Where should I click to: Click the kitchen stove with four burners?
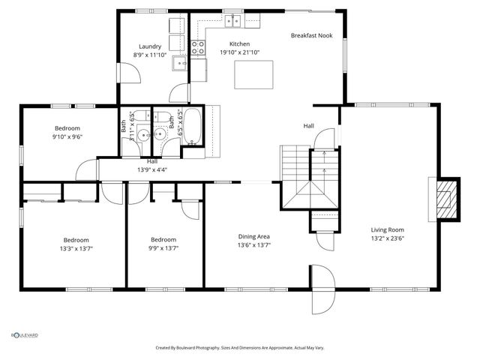(x=198, y=48)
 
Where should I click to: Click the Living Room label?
(x=387, y=230)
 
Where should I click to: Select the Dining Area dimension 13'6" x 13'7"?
(x=254, y=245)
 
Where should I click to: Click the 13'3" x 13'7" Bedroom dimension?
(x=76, y=248)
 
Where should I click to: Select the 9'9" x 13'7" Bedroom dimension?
(x=163, y=248)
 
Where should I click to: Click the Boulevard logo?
(x=24, y=335)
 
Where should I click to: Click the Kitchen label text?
(x=239, y=44)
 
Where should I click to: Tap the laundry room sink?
(x=180, y=63)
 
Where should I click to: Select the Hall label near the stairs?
(x=308, y=126)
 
